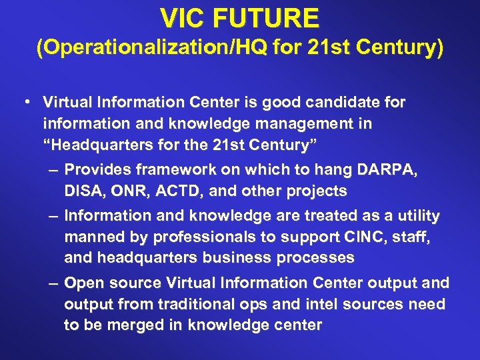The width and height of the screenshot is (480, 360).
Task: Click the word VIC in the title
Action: [x=182, y=18]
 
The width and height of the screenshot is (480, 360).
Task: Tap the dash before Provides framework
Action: [x=54, y=171]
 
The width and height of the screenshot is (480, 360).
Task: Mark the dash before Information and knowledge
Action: [x=54, y=216]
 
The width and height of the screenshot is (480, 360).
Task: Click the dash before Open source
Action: [x=54, y=283]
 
